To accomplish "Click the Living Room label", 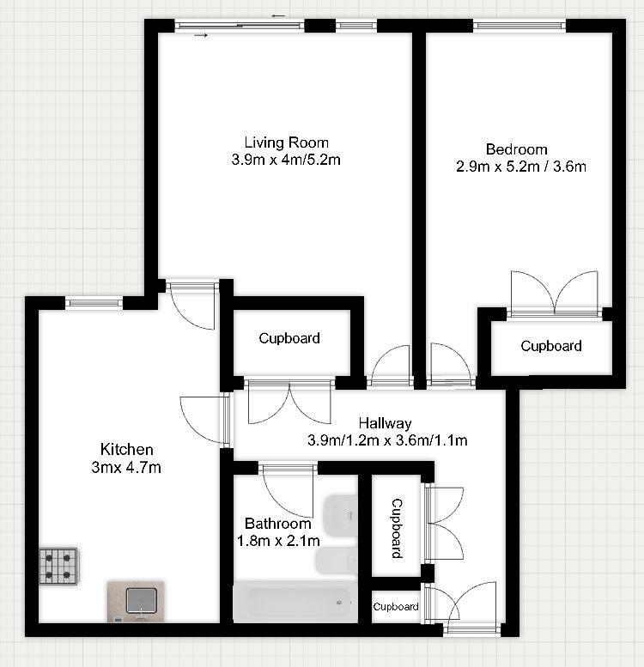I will (286, 142).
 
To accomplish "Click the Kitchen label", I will (127, 449).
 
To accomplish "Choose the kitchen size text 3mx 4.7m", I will (127, 467).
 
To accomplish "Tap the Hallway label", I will (386, 423).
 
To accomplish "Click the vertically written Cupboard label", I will (397, 528).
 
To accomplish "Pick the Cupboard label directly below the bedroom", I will (551, 346).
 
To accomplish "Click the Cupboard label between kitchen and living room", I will (289, 338).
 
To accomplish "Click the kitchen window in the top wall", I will (94, 301).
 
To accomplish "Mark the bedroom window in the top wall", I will (519, 26).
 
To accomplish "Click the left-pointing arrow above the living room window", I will (277, 16).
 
